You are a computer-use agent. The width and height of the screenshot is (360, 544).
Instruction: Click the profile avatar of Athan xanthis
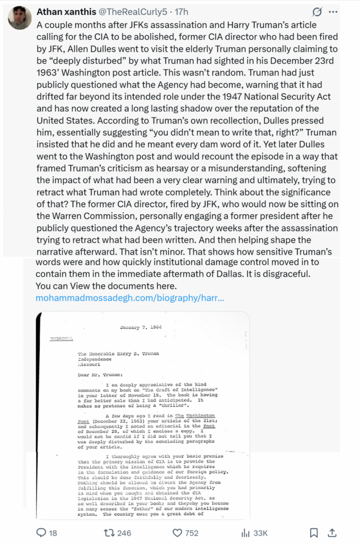pos(20,18)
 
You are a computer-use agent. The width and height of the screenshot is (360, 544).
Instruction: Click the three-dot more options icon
pos(333,12)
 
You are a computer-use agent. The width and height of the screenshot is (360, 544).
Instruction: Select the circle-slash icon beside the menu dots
pos(317,12)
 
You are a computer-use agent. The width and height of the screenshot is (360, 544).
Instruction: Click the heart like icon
pos(178,532)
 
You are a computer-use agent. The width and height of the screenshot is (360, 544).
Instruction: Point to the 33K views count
pos(260,532)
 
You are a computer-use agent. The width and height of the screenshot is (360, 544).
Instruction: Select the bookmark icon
pos(314,532)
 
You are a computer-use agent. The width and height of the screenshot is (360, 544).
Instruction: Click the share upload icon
pos(332,532)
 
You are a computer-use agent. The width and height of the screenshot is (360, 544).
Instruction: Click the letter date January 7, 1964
pos(140,326)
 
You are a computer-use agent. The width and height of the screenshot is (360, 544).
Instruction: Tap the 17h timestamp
pos(182,12)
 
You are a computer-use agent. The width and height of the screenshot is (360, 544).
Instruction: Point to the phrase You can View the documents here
pos(106,286)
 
